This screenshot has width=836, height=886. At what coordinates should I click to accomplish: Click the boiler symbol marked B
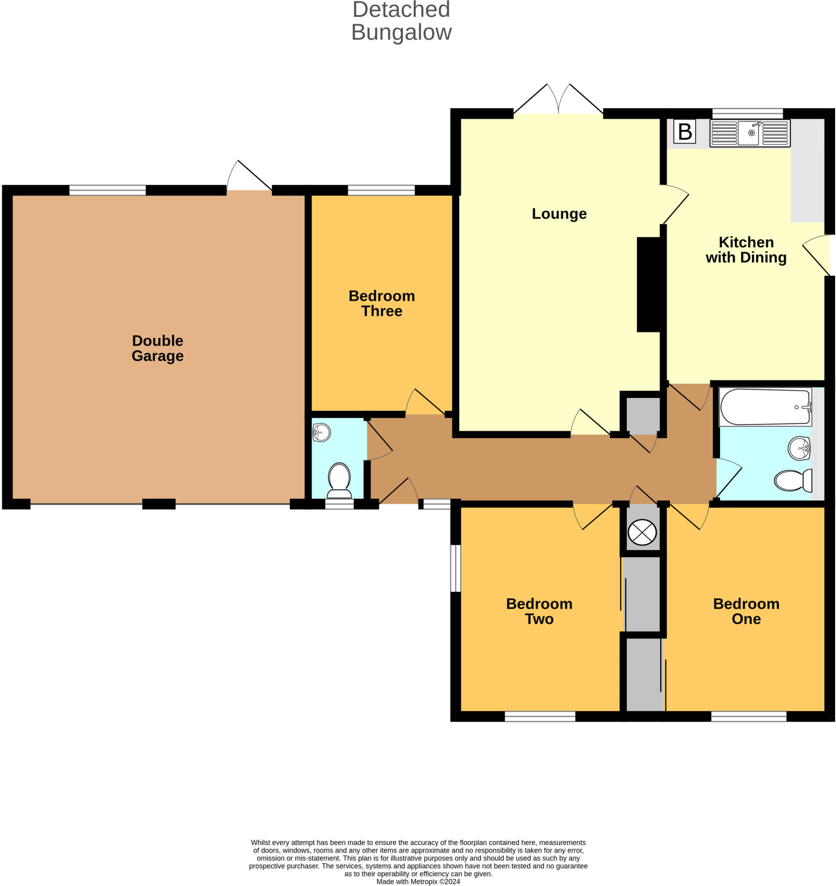pos(685,132)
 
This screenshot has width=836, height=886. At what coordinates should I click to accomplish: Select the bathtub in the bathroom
pos(765,407)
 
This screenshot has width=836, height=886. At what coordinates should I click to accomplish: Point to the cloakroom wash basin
pos(321,432)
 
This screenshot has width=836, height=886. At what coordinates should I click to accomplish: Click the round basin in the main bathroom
pos(798,448)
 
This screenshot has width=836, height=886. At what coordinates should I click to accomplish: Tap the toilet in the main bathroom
pos(793,481)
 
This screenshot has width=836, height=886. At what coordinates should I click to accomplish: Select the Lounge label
pos(559,214)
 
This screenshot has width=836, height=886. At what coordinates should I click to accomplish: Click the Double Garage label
pos(158,348)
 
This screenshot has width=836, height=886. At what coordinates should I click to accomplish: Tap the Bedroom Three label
pos(382,303)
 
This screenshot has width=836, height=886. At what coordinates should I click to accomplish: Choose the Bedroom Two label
pos(539,611)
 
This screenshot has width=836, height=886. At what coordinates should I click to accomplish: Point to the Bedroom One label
pos(746,611)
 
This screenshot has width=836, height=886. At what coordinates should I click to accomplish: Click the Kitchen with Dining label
pos(746,250)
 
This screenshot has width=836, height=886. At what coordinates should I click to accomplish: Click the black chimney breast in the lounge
pos(648,284)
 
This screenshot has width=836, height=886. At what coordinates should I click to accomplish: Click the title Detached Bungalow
pos(401,21)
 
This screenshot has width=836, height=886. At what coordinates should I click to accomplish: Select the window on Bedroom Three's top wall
pos(381,190)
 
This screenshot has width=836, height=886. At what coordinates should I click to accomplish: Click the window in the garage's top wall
pos(107,190)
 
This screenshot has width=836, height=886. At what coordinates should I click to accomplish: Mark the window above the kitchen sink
pos(747,113)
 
